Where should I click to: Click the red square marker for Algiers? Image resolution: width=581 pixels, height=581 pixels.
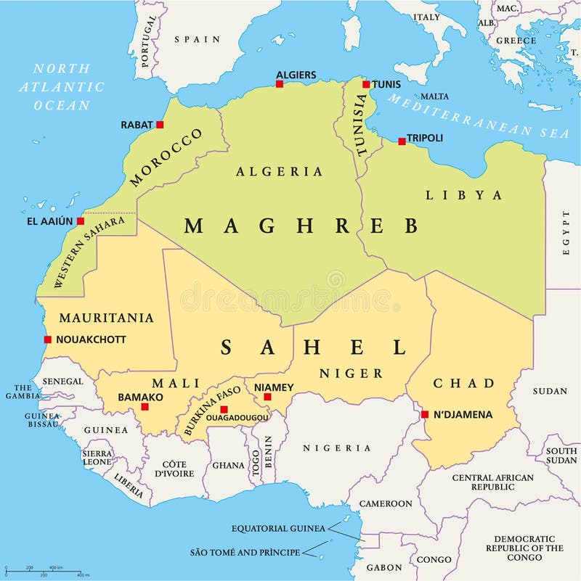coord(279,84)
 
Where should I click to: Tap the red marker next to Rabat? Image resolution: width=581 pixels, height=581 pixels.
coord(160,125)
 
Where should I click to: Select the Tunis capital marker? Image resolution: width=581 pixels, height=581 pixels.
coord(366,84)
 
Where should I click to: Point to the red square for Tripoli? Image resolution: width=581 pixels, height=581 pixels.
coord(402,141)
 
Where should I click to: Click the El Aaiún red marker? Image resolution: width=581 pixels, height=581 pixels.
coord(81,221)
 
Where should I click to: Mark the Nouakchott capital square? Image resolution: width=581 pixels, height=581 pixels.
coord(48,339)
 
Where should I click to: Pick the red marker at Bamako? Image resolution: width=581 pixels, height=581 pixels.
coord(145,407)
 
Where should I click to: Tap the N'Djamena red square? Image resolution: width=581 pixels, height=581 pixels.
coord(425,415)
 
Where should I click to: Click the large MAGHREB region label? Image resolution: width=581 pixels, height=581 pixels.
coord(301,226)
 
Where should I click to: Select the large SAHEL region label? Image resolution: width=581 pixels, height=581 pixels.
coord(314,347)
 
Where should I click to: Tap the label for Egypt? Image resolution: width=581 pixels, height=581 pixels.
coord(566,232)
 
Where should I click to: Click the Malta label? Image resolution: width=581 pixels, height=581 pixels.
coord(434,96)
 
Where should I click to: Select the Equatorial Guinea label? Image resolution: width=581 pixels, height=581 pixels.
coord(278,528)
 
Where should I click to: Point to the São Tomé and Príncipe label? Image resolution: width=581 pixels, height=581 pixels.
coord(245,552)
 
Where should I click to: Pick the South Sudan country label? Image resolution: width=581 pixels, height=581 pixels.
coord(561,455)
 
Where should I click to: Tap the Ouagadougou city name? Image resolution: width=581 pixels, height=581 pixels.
coord(237,418)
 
